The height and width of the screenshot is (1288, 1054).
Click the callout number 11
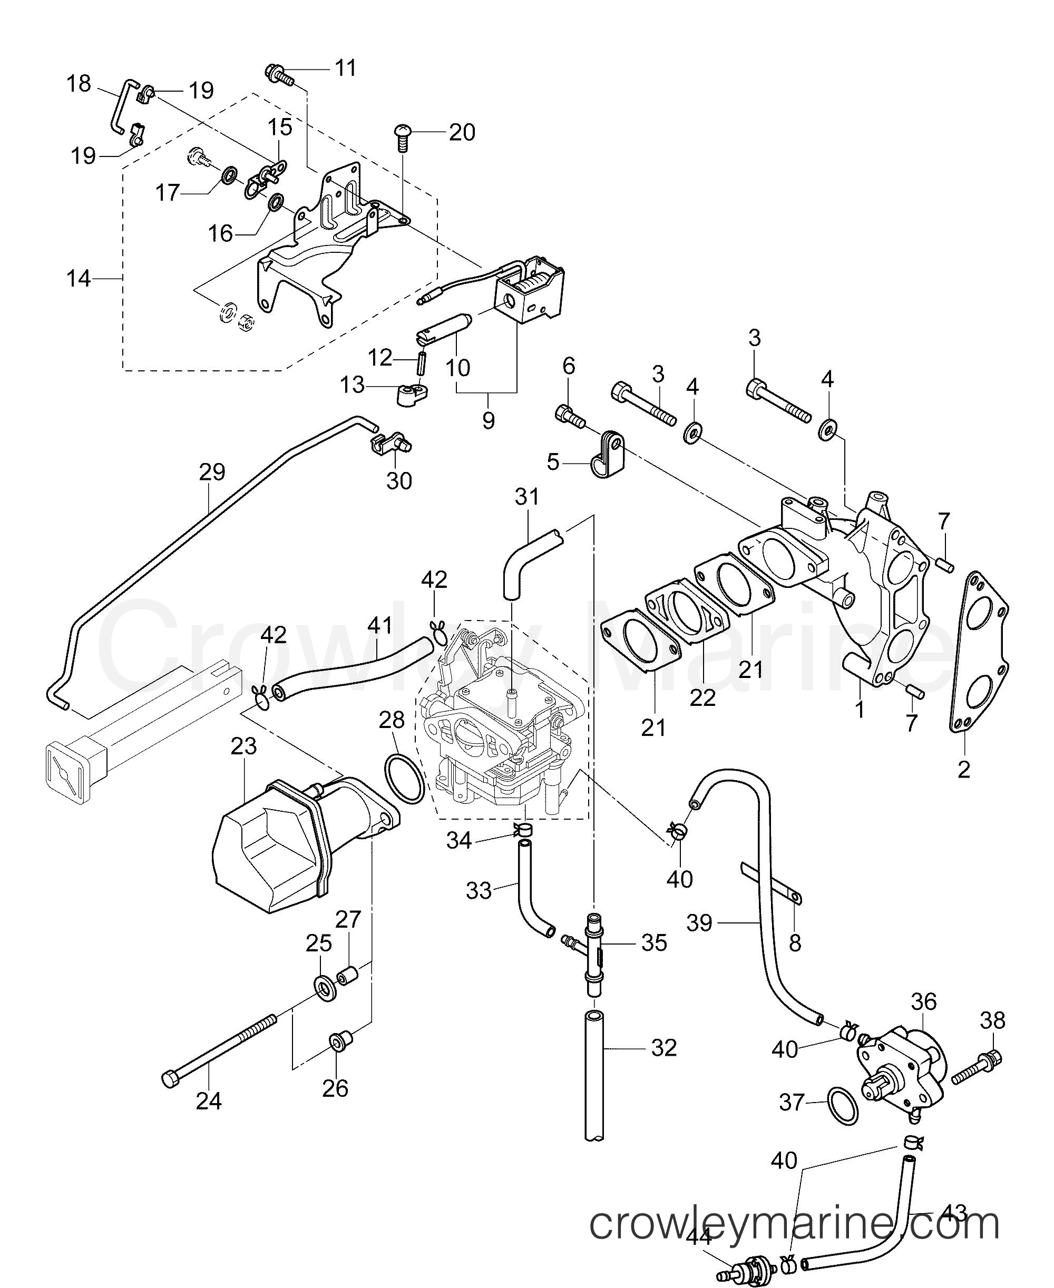(x=346, y=67)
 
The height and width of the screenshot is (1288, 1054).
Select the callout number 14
(x=79, y=279)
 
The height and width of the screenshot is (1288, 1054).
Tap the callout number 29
(x=212, y=471)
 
